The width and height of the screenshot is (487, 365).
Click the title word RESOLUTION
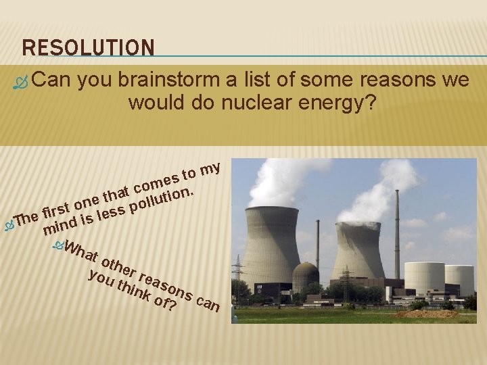(x=88, y=47)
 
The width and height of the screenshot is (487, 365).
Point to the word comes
(x=156, y=182)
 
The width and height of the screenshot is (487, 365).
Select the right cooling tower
(x=358, y=250)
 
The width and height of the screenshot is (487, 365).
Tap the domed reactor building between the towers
(x=306, y=276)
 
